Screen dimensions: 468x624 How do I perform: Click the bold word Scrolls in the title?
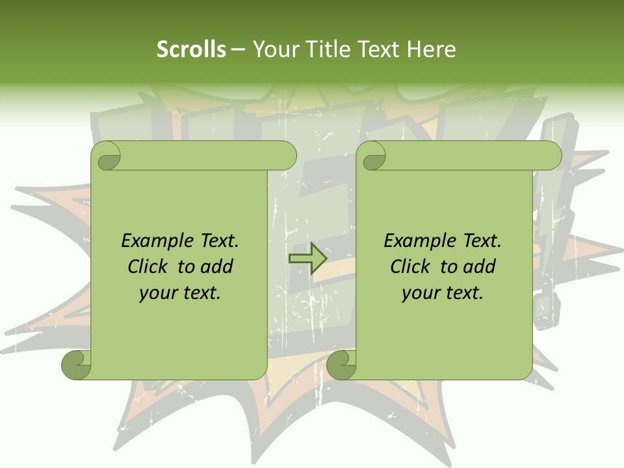(192, 49)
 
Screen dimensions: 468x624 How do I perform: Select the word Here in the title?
(432, 49)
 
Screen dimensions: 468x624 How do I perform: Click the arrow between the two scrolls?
(307, 258)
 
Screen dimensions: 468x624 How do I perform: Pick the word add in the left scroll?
(216, 267)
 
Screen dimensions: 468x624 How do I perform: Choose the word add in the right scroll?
(479, 267)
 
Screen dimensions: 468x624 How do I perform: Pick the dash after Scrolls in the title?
(239, 49)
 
